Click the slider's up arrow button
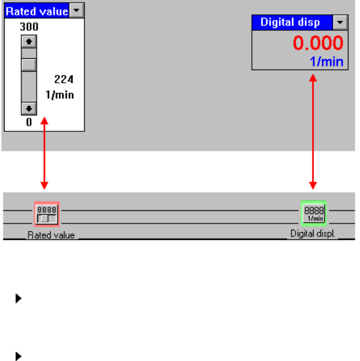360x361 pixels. [x=29, y=41]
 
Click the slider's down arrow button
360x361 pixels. [x=29, y=108]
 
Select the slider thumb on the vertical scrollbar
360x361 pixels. [x=29, y=65]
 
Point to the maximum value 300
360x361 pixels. [x=29, y=27]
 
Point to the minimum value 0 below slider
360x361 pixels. [x=29, y=122]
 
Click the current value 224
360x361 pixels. [x=64, y=79]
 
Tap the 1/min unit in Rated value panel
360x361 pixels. [x=60, y=95]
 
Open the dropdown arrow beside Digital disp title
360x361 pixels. [x=340, y=23]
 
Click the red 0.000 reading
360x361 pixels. [x=318, y=43]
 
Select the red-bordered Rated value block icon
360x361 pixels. [x=47, y=214]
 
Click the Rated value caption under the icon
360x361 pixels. [x=51, y=235]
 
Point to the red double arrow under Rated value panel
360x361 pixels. [x=45, y=154]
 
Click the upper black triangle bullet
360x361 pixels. [x=18, y=299]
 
